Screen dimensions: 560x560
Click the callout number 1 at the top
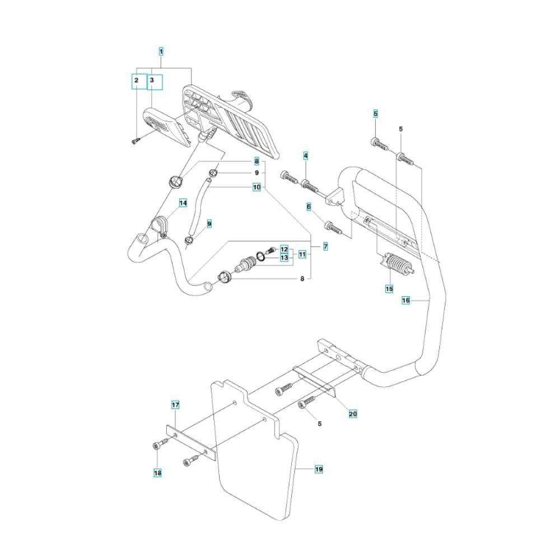161,52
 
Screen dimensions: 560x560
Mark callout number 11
302,254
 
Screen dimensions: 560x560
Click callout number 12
284,249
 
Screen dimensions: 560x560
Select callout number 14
183,203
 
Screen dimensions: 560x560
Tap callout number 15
389,289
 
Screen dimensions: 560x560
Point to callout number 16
407,301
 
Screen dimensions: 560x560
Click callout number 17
175,404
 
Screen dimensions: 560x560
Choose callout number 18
158,473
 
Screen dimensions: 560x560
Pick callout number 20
353,414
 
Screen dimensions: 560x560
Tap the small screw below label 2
135,142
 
